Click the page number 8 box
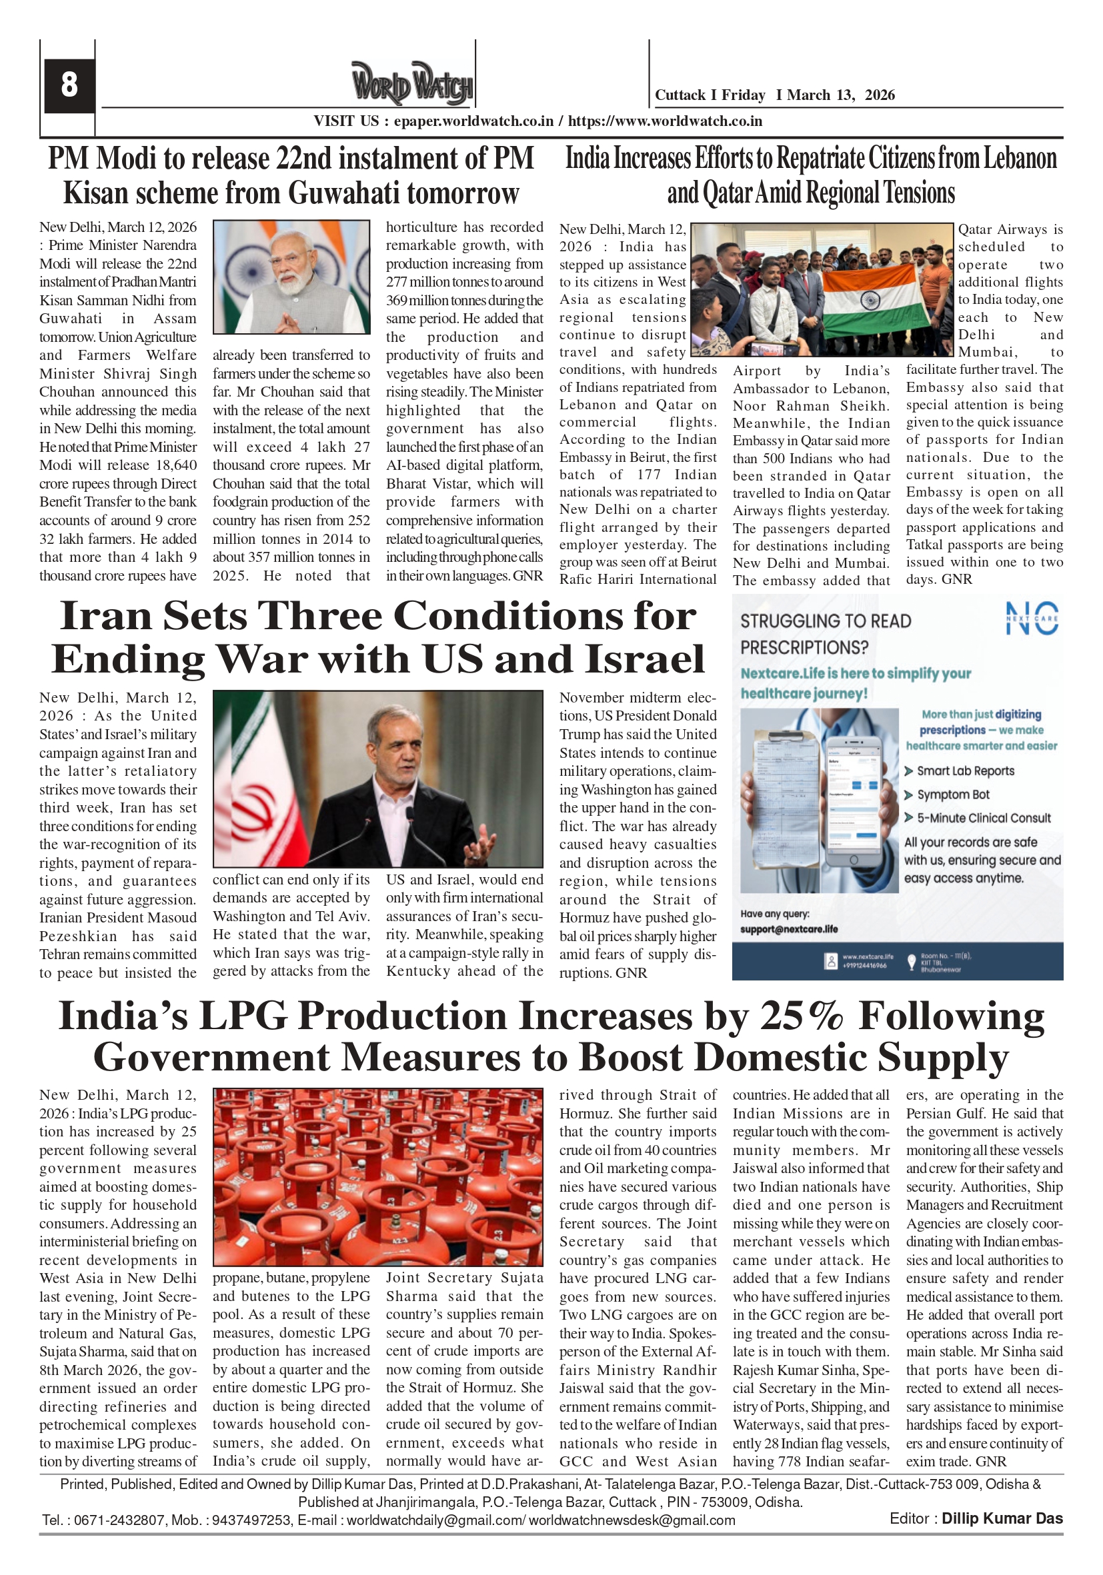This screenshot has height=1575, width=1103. [x=69, y=85]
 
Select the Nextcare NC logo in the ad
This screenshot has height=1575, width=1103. [x=1032, y=619]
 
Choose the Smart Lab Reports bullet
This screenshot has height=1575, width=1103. [x=965, y=771]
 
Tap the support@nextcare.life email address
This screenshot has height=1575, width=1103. [x=789, y=929]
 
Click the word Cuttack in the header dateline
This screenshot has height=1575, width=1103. [x=680, y=95]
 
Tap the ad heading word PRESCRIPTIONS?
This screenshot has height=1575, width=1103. [x=804, y=648]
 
